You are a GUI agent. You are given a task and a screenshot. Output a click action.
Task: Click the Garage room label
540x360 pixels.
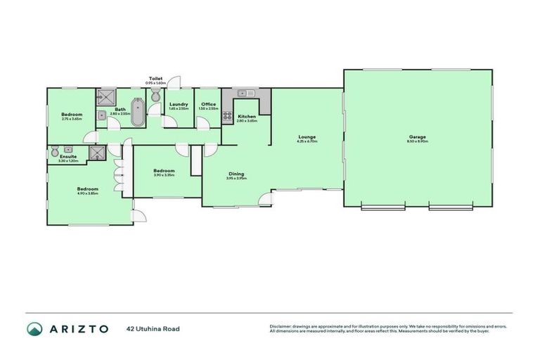[x=418, y=136]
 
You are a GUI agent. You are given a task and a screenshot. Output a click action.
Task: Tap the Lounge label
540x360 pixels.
[x=307, y=136]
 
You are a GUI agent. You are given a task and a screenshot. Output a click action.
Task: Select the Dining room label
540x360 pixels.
[x=236, y=173]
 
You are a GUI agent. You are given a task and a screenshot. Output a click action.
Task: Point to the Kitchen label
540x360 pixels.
[x=246, y=116]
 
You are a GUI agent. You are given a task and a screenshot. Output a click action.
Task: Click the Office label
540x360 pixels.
[x=208, y=104]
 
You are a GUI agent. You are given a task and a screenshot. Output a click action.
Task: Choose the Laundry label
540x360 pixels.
[x=179, y=104]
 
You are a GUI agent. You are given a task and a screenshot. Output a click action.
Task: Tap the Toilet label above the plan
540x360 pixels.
[x=155, y=78]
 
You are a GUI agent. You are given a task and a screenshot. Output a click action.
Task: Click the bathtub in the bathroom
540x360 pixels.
[x=136, y=112]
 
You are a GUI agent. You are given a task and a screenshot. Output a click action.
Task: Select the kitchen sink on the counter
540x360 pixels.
[x=245, y=93]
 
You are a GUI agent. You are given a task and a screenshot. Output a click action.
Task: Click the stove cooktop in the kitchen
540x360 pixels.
[x=227, y=117]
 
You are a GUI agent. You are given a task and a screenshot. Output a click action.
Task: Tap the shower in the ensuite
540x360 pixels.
[x=95, y=154]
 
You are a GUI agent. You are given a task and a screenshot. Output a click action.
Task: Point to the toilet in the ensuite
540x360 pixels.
[x=56, y=149]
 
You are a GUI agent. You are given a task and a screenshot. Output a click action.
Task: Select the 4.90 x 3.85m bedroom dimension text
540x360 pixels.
[x=87, y=193]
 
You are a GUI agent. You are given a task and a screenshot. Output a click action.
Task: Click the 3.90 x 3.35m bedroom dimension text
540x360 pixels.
[x=164, y=175]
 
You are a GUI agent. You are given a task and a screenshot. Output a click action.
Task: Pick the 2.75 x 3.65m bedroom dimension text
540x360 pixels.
[x=72, y=119]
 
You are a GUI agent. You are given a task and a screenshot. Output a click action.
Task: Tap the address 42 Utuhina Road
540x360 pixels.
[x=150, y=328]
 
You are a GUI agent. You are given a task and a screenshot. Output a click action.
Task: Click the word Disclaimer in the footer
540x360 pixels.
[x=282, y=326]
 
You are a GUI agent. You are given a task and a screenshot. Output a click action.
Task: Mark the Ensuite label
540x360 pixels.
[x=67, y=157]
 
